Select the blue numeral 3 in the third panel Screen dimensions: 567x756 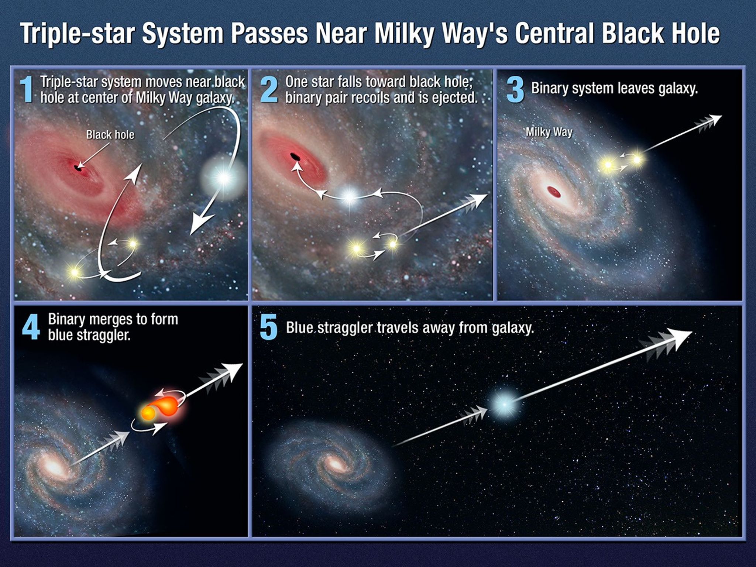point(515,90)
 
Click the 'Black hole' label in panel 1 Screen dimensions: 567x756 point(110,135)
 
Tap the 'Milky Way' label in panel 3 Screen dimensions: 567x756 point(549,132)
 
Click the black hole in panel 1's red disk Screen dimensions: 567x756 point(77,168)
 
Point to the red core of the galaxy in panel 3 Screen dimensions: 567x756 point(554,192)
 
